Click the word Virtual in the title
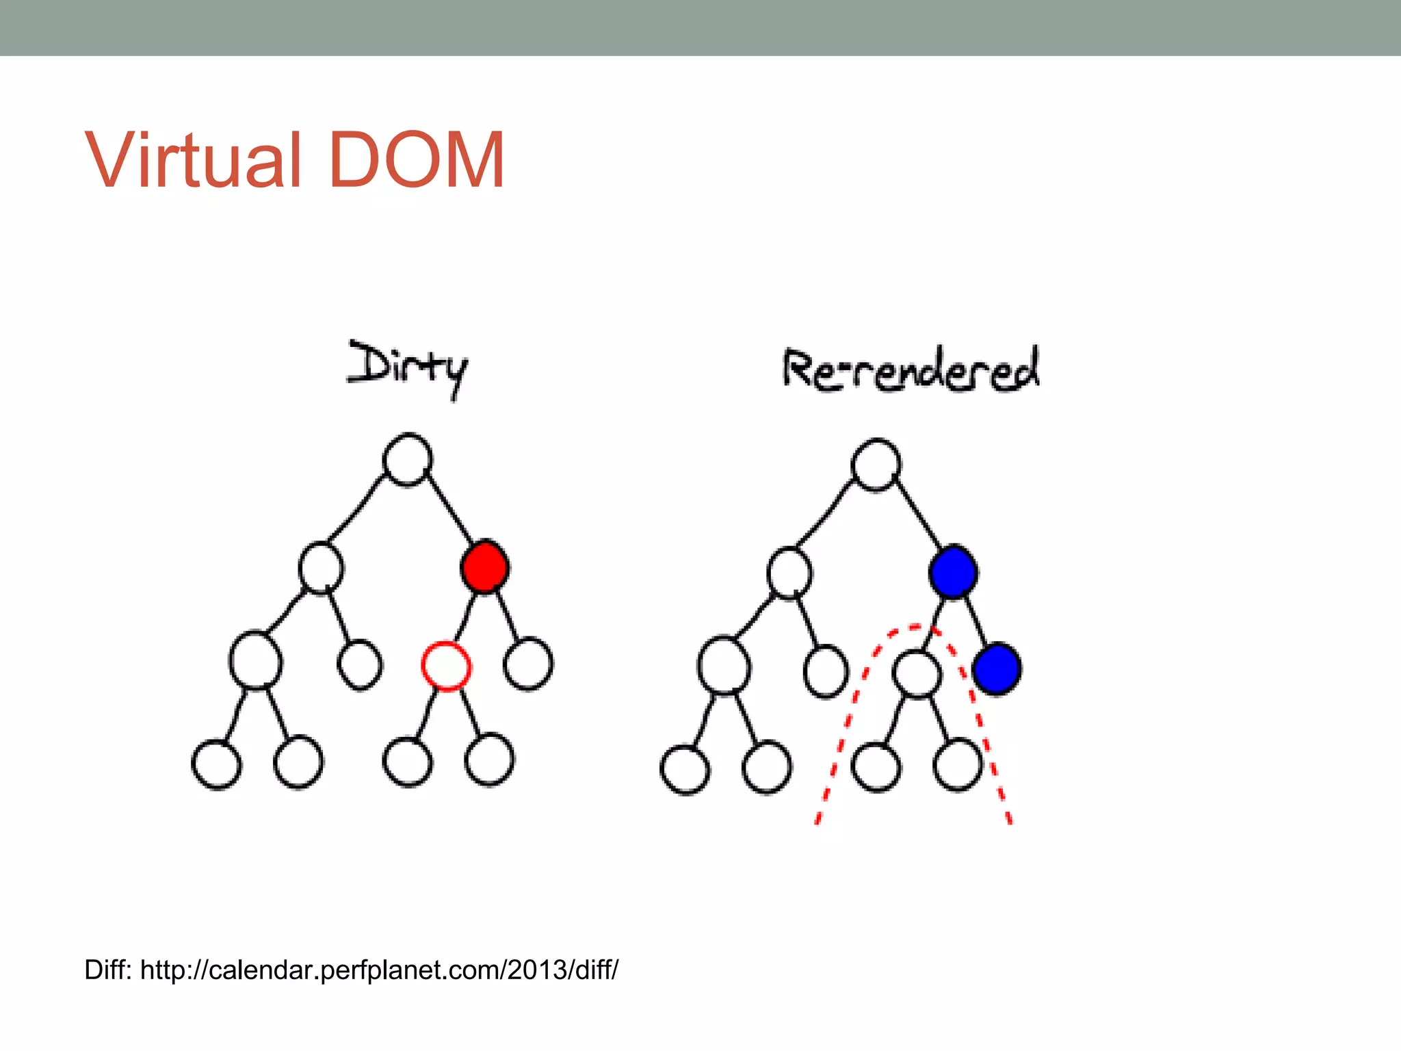(x=193, y=160)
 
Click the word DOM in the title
(x=417, y=160)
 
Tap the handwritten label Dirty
(x=408, y=368)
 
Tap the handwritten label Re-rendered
(x=911, y=370)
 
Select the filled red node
(x=484, y=567)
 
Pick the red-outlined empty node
(x=445, y=666)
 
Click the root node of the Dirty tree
(x=407, y=459)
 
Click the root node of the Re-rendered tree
(x=876, y=465)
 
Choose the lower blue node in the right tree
(x=997, y=669)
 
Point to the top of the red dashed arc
(x=913, y=626)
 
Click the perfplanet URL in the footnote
(x=379, y=970)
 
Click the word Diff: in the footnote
(x=108, y=970)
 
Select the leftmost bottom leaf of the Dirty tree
(x=216, y=764)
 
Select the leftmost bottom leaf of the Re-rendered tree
(x=685, y=770)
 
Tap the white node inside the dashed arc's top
(x=917, y=674)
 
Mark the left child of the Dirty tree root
(x=321, y=568)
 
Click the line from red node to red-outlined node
(x=465, y=617)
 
